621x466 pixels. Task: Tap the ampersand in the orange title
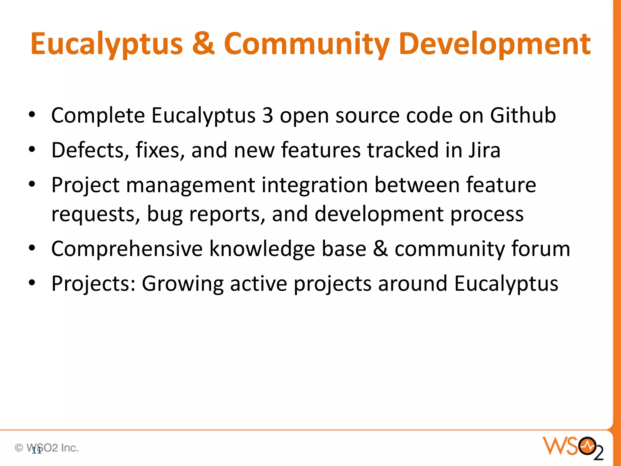coord(203,44)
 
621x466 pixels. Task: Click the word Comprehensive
coord(127,249)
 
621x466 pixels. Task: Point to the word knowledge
coord(263,249)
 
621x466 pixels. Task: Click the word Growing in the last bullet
coord(183,284)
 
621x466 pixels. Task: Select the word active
coord(258,283)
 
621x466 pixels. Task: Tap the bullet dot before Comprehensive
coord(32,248)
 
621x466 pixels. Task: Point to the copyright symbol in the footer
coord(19,447)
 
